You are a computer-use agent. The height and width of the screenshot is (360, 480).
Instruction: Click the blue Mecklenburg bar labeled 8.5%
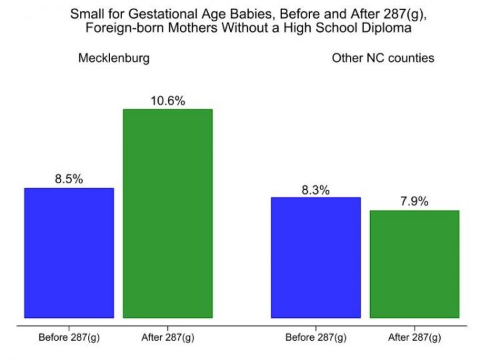(x=69, y=253)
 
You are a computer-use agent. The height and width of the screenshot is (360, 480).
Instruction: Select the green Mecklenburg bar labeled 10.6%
(x=167, y=213)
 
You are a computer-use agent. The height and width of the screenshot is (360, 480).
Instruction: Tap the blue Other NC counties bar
(x=315, y=257)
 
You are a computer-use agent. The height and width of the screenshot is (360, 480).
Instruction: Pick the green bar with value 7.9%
(x=414, y=264)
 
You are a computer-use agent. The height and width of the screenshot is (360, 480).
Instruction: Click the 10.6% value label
(x=167, y=101)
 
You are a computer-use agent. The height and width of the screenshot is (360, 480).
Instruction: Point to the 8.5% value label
(x=69, y=179)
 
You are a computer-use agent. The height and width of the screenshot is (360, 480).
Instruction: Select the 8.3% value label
(x=315, y=189)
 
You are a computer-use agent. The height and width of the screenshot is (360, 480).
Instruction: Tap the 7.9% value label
(x=414, y=202)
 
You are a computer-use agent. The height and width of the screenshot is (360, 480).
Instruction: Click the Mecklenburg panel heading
(x=114, y=58)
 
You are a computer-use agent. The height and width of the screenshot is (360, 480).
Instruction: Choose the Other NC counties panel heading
(x=383, y=58)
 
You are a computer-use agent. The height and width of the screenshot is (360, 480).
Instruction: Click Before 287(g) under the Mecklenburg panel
(x=69, y=337)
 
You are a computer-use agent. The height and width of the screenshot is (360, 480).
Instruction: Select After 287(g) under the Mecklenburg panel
(x=167, y=337)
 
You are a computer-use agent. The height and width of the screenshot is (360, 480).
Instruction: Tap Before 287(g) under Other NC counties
(x=315, y=337)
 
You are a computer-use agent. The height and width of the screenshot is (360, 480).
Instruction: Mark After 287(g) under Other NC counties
(x=414, y=337)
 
